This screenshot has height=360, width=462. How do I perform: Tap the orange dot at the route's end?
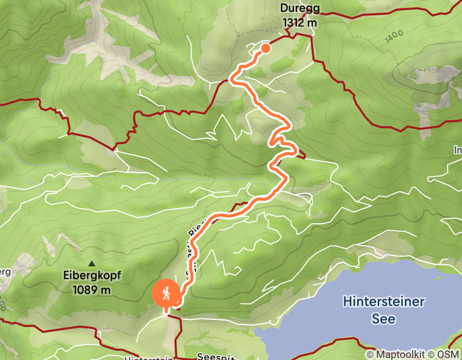[x=265, y=48]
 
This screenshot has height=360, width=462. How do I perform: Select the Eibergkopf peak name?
[x=92, y=276]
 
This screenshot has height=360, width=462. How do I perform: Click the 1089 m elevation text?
[x=92, y=289]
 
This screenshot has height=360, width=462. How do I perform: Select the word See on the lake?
[x=384, y=318]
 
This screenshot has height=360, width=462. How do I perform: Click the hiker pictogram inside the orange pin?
[x=166, y=294]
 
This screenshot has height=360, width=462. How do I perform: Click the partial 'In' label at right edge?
[x=457, y=150]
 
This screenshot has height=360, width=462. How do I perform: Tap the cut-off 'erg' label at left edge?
[x=4, y=271]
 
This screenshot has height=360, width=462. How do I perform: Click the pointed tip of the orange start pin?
[x=166, y=312]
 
